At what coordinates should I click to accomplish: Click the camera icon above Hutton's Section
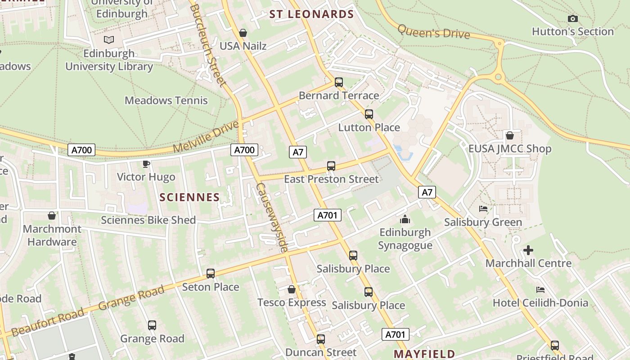tap(572, 18)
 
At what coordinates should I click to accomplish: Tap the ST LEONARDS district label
tap(311, 14)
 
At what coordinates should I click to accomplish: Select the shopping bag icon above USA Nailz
tap(243, 33)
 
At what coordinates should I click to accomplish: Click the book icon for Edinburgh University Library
tap(109, 40)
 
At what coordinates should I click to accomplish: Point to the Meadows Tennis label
tap(166, 100)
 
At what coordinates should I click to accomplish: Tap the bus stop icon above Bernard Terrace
tap(339, 82)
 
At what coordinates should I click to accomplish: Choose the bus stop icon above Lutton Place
tap(369, 114)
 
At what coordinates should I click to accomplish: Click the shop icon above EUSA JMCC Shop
tap(510, 135)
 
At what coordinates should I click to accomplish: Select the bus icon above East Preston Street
tap(331, 166)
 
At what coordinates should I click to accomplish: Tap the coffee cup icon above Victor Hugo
tap(146, 164)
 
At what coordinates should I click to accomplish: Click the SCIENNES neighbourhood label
tap(189, 197)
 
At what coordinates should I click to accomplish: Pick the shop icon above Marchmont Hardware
tap(52, 216)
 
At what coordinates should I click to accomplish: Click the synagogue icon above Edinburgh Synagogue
tap(405, 219)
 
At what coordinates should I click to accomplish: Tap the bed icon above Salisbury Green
tap(483, 209)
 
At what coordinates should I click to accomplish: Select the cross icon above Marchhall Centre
tap(528, 250)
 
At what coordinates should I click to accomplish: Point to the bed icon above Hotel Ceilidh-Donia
tap(540, 290)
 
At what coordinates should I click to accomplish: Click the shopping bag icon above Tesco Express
tap(292, 289)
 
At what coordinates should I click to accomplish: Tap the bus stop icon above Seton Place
tap(211, 274)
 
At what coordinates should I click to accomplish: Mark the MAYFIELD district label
tap(424, 354)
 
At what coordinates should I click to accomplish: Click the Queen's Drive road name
tap(433, 32)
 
